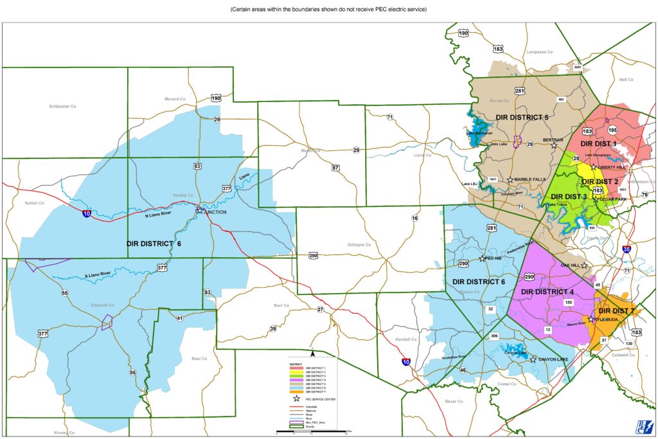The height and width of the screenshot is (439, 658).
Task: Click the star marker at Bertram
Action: tap(554, 145)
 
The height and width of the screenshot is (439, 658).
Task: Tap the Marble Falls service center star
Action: tap(510, 180)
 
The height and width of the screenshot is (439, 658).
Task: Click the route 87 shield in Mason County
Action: tap(335, 168)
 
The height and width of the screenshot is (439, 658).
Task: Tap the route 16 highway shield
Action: tap(414, 219)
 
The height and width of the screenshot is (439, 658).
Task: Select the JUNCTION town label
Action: tap(217, 214)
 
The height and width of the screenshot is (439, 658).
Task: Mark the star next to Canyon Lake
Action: tap(533, 360)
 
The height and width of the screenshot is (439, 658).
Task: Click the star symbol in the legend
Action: tap(296, 399)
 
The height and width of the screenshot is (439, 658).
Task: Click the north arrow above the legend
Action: tap(312, 353)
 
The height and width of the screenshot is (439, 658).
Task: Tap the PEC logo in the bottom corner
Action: tap(643, 426)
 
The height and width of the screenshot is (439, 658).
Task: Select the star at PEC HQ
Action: tap(483, 259)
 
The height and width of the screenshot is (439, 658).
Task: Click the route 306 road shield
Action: tap(494, 336)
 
